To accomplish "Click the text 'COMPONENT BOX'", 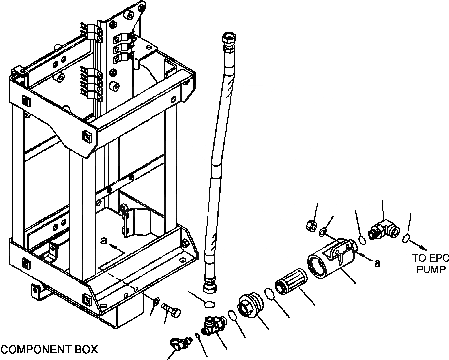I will tap(49, 349).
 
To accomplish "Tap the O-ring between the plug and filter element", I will tap(269, 294).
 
